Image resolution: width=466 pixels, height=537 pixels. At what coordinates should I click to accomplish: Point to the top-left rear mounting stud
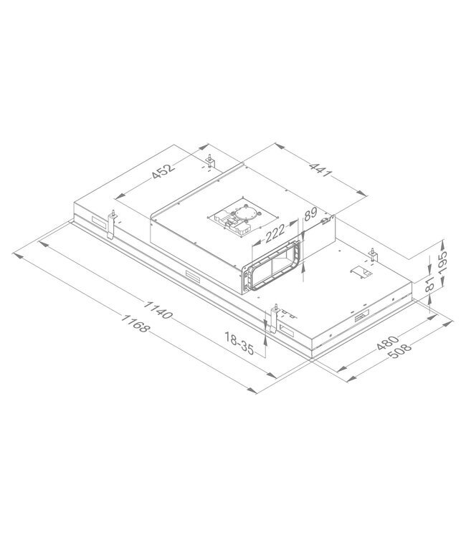pos(209,163)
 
